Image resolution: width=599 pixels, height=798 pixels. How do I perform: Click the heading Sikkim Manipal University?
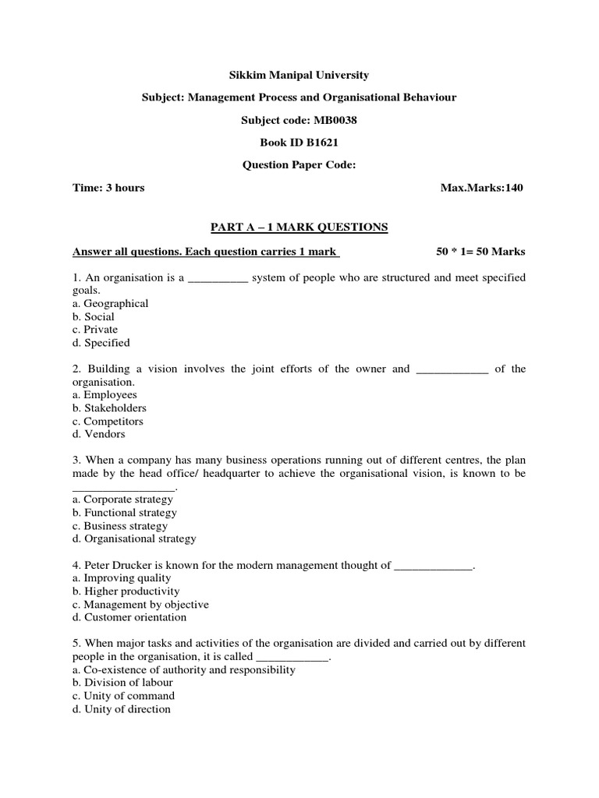coord(299,76)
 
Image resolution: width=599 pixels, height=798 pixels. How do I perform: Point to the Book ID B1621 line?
coord(299,143)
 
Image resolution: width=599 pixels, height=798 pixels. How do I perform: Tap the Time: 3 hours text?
coord(108,188)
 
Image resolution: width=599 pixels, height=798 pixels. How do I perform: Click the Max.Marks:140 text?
coord(482,188)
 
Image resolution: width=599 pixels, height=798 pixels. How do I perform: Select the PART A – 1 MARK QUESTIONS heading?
coord(299,227)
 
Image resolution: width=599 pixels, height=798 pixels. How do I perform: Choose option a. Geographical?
coord(110,303)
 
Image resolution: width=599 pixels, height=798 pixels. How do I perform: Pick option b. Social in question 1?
coord(93,316)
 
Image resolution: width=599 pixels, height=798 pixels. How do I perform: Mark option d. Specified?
coord(101,342)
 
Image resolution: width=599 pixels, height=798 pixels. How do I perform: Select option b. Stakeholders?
coord(109,408)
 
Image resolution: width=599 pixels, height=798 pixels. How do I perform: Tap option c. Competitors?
coord(108,421)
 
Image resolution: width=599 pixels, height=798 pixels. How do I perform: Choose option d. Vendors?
coord(98,434)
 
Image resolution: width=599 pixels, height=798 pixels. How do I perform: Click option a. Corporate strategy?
coord(123,500)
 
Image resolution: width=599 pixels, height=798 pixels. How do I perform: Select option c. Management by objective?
coord(140,604)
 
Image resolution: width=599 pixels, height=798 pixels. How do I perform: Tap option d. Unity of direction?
coord(121,709)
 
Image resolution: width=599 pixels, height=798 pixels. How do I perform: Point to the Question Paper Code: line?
coord(299,165)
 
